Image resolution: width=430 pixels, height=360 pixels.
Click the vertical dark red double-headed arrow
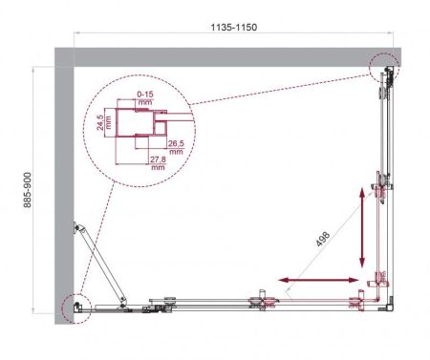[361, 230]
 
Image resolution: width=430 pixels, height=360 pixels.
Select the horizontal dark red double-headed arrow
[320, 281]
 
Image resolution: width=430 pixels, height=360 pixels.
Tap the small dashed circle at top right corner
[384, 68]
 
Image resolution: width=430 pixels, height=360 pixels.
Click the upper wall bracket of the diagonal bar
[80, 228]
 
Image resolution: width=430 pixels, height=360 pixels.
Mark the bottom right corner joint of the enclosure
[386, 306]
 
